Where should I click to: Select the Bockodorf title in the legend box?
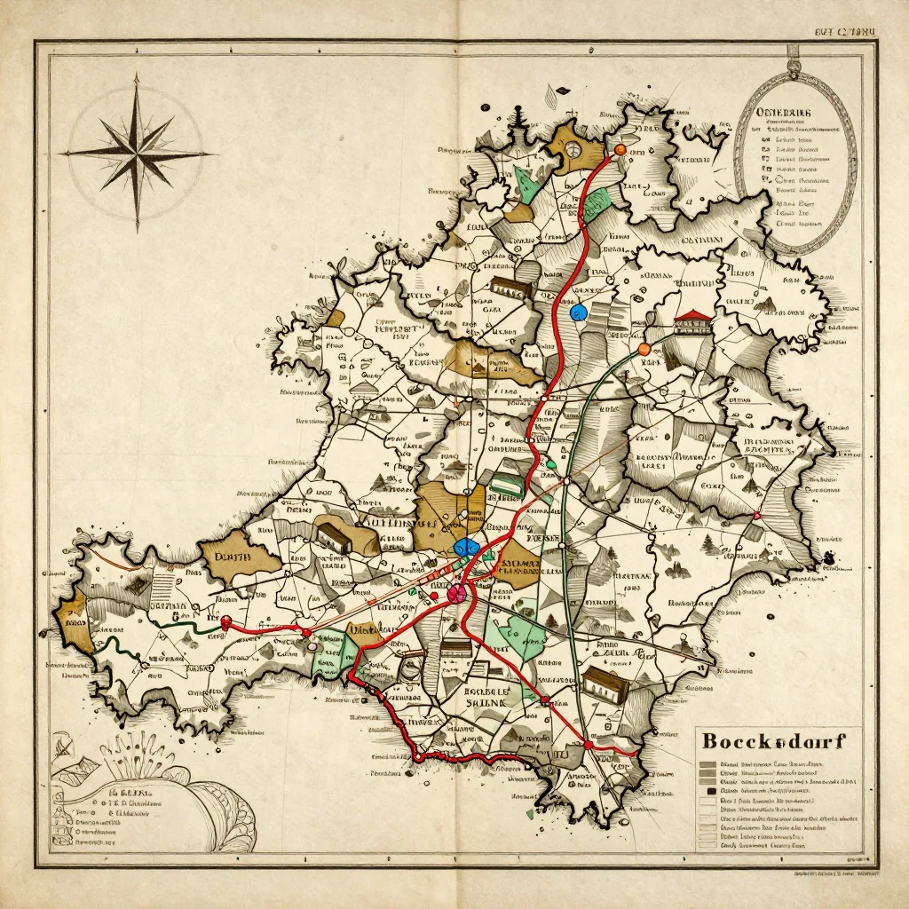(x=772, y=739)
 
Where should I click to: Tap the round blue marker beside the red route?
(x=579, y=312)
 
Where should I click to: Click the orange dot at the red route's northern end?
(x=620, y=150)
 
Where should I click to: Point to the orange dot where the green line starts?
(x=644, y=349)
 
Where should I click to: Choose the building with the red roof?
(x=693, y=322)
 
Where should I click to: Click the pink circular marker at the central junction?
(x=458, y=593)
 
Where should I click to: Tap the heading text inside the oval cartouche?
(x=786, y=114)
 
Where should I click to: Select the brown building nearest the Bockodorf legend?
(x=606, y=685)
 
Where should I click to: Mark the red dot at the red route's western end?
(x=225, y=621)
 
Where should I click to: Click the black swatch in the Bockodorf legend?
(x=707, y=789)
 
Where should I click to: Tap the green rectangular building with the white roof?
(x=507, y=484)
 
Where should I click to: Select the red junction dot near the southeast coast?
(x=588, y=745)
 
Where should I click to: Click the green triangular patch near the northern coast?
(x=528, y=185)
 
